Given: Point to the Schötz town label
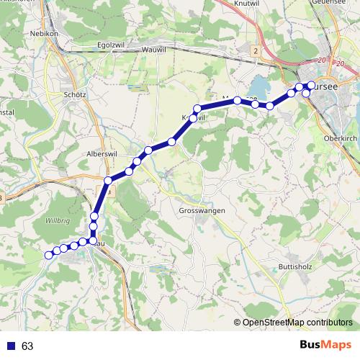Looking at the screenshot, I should [x=75, y=94].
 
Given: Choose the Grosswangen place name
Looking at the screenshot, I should [x=202, y=211].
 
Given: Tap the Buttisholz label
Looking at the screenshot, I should [x=294, y=266].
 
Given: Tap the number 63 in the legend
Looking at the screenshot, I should [x=27, y=346].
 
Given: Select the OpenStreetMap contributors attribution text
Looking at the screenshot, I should [x=297, y=323].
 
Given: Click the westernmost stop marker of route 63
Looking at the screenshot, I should [x=49, y=254].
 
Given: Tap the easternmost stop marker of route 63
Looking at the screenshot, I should [x=310, y=86].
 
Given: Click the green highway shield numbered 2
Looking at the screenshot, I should [x=255, y=51].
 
